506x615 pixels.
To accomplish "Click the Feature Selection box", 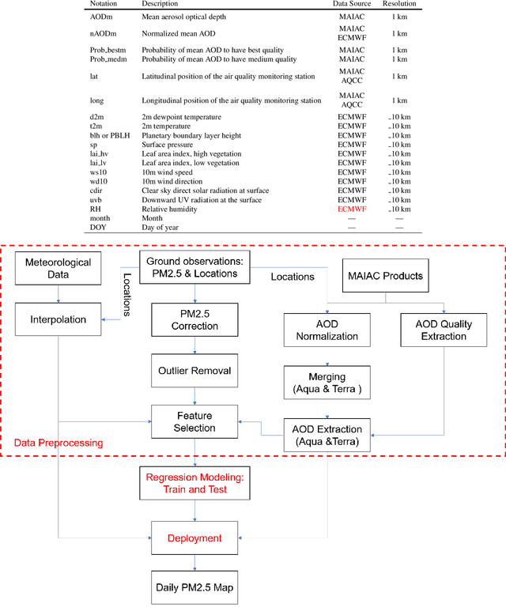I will pyautogui.click(x=194, y=421).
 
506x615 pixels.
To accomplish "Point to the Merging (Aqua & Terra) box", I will pyautogui.click(x=327, y=383).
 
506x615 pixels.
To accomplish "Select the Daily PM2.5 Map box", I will pyautogui.click(x=194, y=587).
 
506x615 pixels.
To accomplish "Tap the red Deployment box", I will pyautogui.click(x=194, y=538).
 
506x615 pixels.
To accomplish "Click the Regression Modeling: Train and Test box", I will pyautogui.click(x=194, y=483).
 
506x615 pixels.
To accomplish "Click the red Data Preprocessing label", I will pyautogui.click(x=59, y=443).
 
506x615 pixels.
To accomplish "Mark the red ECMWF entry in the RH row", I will pyautogui.click(x=353, y=209).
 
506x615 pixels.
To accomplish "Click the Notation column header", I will pyautogui.click(x=104, y=4).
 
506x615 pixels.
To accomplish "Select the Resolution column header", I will pyautogui.click(x=398, y=4).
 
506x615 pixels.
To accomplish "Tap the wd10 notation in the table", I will pyautogui.click(x=99, y=181).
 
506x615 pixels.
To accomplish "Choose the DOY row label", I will pyautogui.click(x=98, y=227).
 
